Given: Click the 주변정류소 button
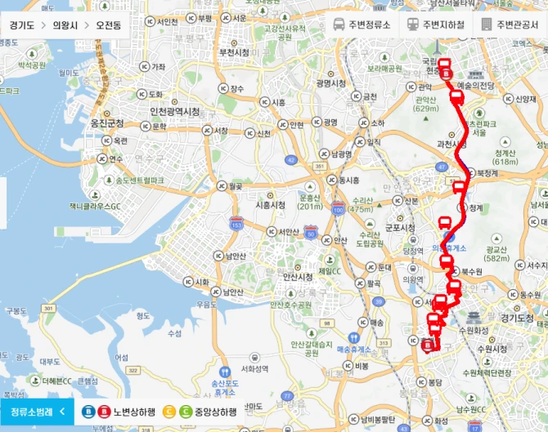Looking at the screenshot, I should (365, 24).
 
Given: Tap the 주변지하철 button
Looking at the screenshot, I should (437, 24).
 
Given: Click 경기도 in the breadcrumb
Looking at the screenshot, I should (22, 24).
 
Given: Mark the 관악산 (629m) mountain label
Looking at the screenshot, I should (426, 103).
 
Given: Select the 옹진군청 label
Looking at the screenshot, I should (107, 123).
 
